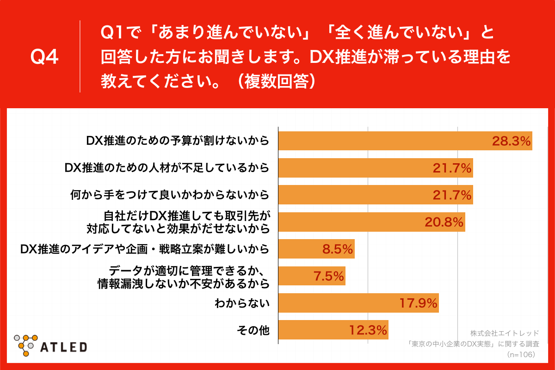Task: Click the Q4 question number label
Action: pos(44,57)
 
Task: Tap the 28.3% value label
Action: pos(511,141)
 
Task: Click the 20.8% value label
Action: pos(444,222)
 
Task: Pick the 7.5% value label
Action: pos(328,277)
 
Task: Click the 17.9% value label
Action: pos(418,303)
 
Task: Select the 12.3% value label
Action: pos(368,330)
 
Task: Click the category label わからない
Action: pos(242,303)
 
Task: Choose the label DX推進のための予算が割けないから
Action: pos(178,141)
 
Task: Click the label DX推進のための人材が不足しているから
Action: pos(166,168)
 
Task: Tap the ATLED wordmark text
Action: pos(63,346)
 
